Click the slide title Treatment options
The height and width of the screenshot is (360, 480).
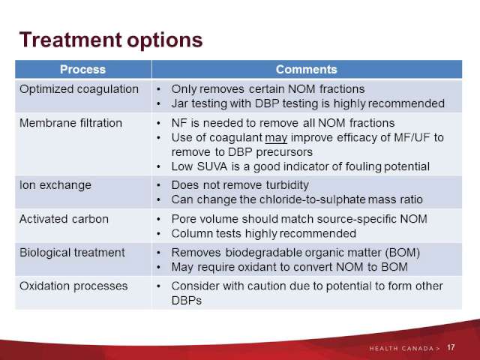tap(111, 40)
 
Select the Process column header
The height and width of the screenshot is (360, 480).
tap(82, 70)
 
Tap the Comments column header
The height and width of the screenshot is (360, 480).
tap(307, 70)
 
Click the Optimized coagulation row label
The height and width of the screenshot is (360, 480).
tap(79, 89)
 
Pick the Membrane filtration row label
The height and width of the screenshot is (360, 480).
tap(70, 123)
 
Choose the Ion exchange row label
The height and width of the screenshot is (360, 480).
tap(55, 185)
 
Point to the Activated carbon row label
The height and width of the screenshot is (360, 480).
tap(64, 219)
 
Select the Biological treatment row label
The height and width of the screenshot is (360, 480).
tap(72, 253)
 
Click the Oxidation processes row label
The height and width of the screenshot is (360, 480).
tap(73, 286)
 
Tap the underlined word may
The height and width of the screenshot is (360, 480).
tap(276, 138)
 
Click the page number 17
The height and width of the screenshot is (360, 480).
tap(451, 348)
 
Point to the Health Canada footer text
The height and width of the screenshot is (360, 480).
tap(405, 348)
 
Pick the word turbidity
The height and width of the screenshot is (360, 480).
tap(287, 185)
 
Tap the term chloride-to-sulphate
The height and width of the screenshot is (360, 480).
tap(313, 199)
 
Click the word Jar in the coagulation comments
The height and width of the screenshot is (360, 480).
tap(180, 103)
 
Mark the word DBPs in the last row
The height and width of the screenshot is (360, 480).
tap(187, 301)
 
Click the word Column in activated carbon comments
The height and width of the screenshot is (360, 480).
tap(192, 234)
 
